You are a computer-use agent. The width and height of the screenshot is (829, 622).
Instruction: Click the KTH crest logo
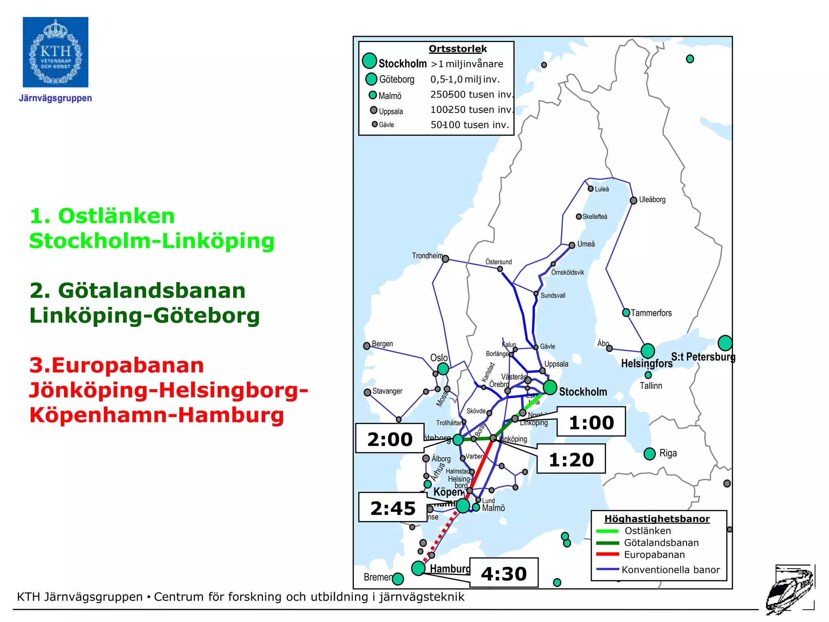(55, 52)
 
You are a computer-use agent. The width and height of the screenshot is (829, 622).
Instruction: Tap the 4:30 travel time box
(504, 573)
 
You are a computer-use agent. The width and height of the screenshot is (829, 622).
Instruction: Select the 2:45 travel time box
(393, 507)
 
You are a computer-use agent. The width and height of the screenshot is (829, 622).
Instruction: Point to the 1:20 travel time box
(571, 459)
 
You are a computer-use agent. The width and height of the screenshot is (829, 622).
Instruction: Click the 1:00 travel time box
(591, 422)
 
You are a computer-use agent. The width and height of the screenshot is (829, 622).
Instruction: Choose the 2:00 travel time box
(390, 439)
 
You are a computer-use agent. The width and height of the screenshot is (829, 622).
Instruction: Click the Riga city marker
(649, 454)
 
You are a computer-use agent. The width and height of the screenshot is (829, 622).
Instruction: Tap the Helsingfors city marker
(648, 351)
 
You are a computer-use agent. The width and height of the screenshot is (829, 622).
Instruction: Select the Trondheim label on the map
(427, 256)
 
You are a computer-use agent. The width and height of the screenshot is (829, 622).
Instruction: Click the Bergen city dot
(367, 346)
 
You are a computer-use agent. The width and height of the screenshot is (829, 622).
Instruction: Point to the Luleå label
(602, 189)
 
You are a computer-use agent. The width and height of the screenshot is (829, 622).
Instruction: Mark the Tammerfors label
(651, 313)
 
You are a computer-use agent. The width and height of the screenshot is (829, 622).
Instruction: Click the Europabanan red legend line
(607, 554)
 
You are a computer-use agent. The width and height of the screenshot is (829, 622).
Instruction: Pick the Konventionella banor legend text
(671, 570)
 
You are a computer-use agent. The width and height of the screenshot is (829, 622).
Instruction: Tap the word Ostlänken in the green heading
(116, 216)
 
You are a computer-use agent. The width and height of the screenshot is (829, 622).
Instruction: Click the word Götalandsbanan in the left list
(151, 290)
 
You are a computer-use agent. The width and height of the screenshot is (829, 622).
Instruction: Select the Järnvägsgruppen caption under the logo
(55, 98)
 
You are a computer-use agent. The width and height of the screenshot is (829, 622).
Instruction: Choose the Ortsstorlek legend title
(458, 49)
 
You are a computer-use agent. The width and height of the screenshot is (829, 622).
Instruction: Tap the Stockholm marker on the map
(550, 387)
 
